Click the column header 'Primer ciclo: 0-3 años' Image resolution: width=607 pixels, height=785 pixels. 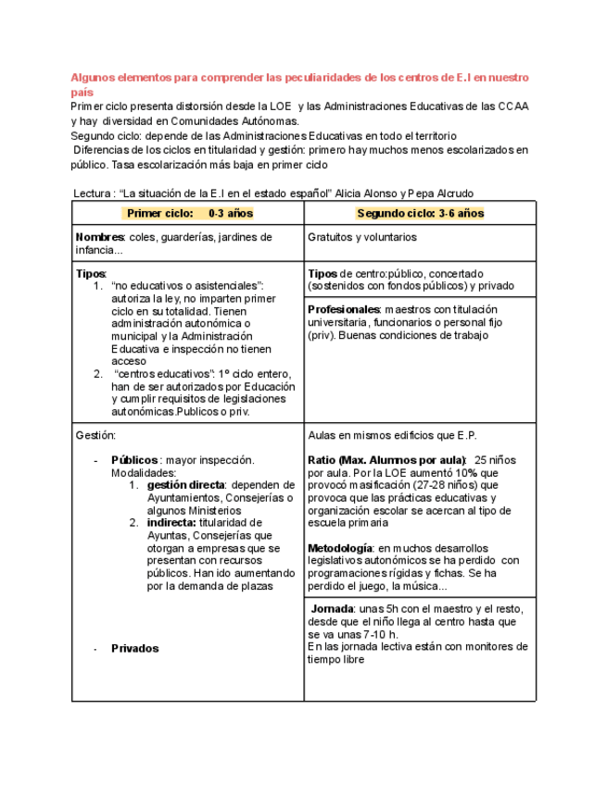point(189,213)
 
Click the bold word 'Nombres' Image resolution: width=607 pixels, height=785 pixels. point(100,237)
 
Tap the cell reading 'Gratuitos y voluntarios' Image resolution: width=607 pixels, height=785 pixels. point(362,237)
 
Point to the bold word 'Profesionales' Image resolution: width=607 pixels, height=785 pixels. point(344,309)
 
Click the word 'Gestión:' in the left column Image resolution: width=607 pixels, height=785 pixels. point(96,434)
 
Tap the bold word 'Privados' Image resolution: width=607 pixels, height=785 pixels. point(134,648)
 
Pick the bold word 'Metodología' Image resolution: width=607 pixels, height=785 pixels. point(340,548)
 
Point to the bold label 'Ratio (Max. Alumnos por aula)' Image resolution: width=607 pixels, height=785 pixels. point(386,459)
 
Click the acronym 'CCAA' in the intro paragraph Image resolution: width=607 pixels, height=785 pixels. point(512,106)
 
